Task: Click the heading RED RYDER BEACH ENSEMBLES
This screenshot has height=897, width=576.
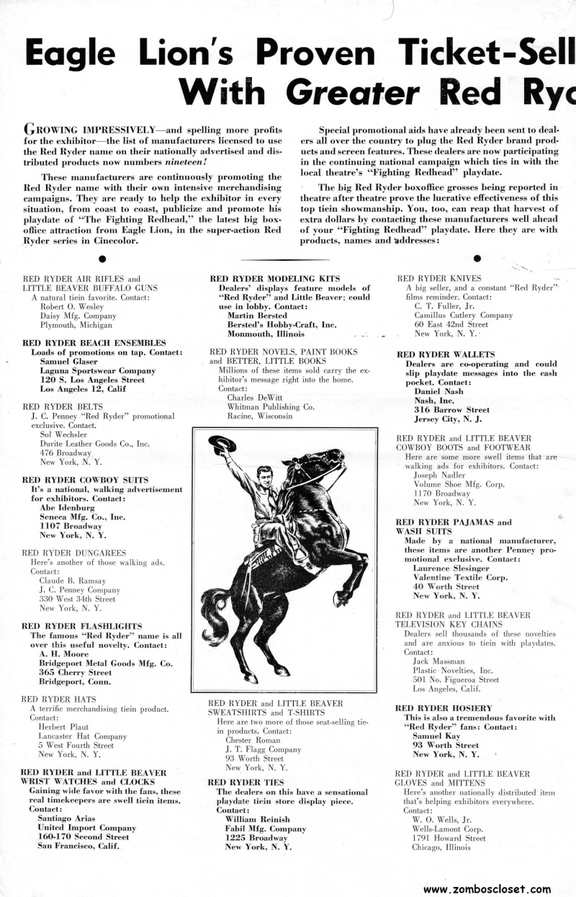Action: tap(94, 342)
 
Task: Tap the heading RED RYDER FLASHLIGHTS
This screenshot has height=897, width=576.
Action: tap(82, 626)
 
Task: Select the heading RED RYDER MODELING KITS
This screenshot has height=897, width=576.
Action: tap(264, 278)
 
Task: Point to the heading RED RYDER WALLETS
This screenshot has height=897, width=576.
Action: tap(446, 354)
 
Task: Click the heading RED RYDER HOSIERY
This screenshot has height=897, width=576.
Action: tap(444, 708)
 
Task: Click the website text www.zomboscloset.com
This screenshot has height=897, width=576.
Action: tap(487, 889)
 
